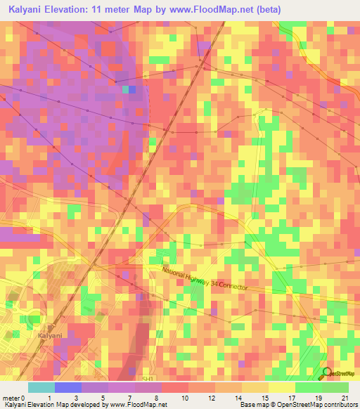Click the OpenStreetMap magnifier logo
click(x=327, y=373)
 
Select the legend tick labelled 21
click(x=344, y=397)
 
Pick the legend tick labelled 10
click(x=184, y=397)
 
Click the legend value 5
click(x=103, y=397)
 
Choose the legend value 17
click(x=290, y=397)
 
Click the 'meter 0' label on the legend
click(x=13, y=397)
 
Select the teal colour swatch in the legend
click(x=41, y=387)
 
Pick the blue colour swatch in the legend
click(x=68, y=387)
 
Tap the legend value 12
click(x=210, y=397)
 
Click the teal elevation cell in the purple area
click(x=125, y=89)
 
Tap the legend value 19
click(x=317, y=397)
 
